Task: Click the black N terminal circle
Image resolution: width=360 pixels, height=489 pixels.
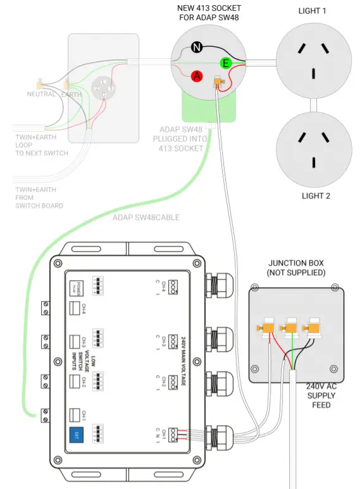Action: click(x=196, y=47)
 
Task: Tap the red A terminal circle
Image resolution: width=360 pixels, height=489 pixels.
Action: click(x=197, y=76)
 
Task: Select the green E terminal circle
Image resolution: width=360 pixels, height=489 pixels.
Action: click(x=225, y=63)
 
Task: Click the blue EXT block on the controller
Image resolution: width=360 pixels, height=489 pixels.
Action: click(x=76, y=435)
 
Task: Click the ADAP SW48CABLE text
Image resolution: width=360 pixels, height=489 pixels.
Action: click(x=146, y=218)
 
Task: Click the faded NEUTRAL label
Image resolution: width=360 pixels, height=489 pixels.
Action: click(x=41, y=94)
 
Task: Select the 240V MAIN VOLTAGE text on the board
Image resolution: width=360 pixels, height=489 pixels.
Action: click(x=183, y=361)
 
